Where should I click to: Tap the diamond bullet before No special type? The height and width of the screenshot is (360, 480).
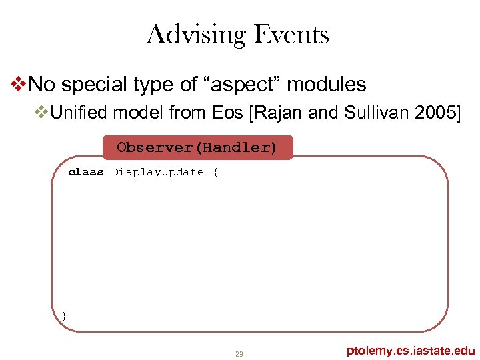click(x=20, y=85)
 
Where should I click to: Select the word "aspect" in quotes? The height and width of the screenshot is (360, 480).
click(x=233, y=85)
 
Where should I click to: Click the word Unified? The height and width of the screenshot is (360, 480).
click(x=79, y=113)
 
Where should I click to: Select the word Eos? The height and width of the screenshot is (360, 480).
click(x=227, y=113)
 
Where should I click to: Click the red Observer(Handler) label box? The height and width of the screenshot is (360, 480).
click(x=197, y=147)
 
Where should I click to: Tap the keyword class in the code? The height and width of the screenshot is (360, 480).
click(x=86, y=172)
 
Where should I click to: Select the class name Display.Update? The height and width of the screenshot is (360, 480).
click(x=157, y=172)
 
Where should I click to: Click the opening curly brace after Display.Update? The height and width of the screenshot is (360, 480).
click(x=215, y=172)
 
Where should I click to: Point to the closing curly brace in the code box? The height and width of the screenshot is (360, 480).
click(x=64, y=315)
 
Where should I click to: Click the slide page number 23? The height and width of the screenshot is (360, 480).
click(x=239, y=353)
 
